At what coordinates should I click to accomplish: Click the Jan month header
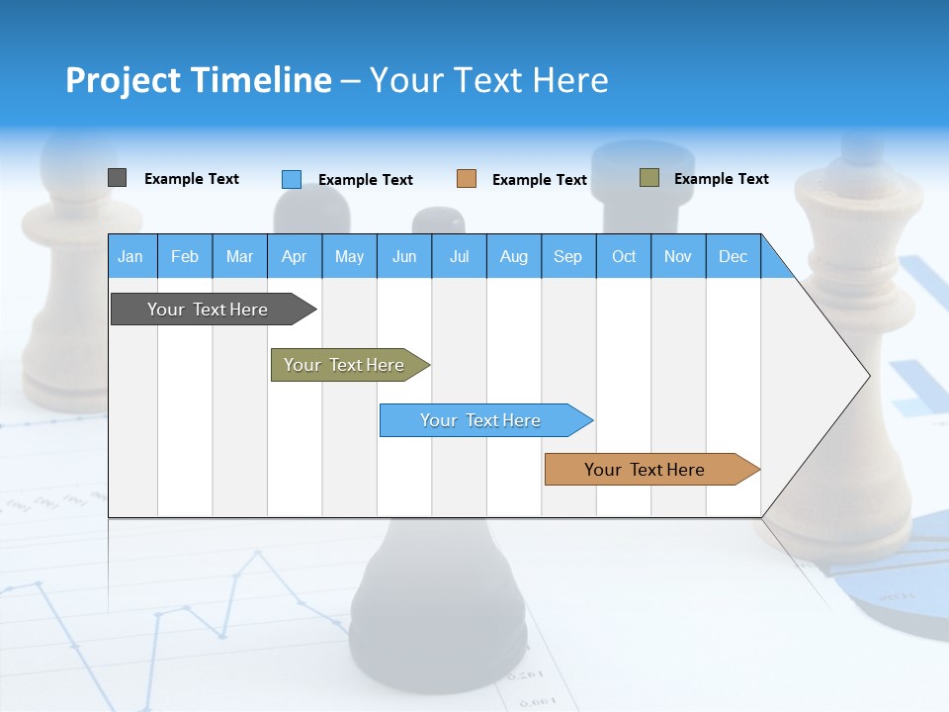click(x=130, y=256)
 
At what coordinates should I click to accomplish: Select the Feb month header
click(x=185, y=256)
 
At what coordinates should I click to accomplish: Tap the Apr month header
click(x=294, y=256)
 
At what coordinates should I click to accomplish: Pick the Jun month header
click(x=403, y=256)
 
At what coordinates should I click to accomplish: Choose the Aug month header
click(x=513, y=256)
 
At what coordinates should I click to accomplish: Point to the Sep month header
click(x=567, y=256)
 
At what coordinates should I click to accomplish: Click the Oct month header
click(x=624, y=256)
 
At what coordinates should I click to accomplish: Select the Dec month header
click(x=733, y=256)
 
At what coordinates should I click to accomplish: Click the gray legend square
click(x=117, y=178)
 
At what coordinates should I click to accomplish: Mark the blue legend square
click(x=292, y=179)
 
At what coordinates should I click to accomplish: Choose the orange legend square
click(x=467, y=179)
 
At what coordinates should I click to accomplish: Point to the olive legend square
click(x=649, y=178)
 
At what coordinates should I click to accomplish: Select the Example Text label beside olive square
click(x=721, y=179)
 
